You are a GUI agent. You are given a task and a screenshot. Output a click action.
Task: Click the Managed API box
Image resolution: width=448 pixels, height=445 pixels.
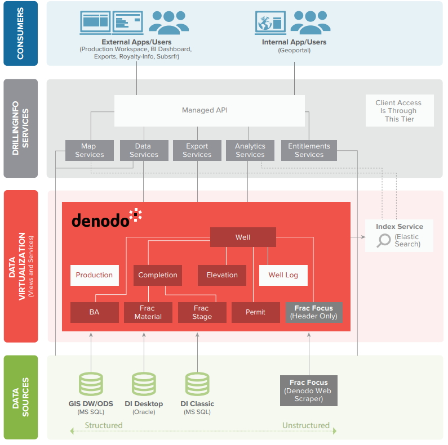209,110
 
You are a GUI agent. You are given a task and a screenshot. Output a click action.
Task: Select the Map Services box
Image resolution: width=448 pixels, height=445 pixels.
89,150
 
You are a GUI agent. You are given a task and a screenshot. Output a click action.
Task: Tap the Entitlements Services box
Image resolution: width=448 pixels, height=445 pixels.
309,150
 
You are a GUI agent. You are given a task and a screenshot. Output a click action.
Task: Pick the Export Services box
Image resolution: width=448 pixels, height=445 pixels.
197,150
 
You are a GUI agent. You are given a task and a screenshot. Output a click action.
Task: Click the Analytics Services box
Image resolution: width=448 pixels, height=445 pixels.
250,150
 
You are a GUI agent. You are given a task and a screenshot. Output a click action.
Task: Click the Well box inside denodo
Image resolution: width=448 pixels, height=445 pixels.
243,237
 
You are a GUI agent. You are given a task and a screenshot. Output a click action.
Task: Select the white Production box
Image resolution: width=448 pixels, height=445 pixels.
94,275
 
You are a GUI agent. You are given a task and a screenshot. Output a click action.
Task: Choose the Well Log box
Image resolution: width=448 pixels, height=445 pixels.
283,275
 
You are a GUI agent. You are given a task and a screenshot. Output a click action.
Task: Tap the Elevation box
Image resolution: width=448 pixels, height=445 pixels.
222,275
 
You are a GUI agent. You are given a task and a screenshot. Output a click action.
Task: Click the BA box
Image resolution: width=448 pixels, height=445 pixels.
94,312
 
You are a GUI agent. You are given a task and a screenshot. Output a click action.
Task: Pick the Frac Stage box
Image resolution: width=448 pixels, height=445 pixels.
202,312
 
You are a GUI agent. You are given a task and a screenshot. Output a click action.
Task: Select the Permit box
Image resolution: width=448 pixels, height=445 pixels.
255,312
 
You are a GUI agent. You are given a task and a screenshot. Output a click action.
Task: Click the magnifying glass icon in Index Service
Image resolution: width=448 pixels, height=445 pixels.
384,241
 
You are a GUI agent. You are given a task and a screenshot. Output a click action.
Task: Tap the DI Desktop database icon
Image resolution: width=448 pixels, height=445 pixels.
144,384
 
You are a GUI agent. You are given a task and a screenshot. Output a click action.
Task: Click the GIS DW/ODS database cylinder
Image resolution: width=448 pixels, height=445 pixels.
91,384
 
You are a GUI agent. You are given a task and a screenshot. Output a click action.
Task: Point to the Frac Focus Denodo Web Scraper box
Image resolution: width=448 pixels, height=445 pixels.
308,390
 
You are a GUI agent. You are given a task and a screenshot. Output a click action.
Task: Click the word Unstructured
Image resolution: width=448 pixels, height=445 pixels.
306,425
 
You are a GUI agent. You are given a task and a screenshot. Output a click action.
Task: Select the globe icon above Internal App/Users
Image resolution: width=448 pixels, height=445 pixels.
264,23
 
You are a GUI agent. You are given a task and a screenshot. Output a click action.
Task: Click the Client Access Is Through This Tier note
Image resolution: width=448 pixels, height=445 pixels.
399,111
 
